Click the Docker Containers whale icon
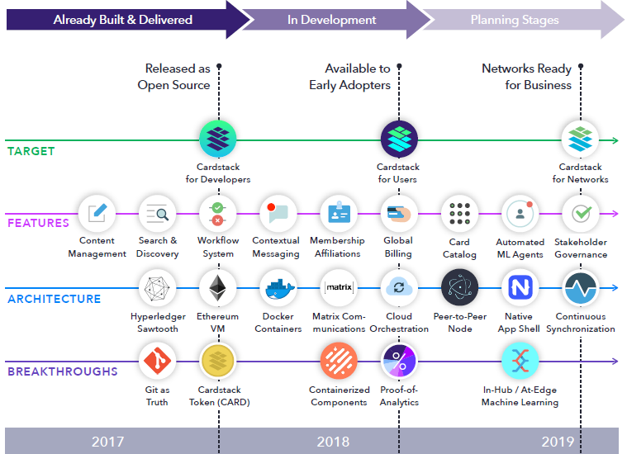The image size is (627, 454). pos(278,288)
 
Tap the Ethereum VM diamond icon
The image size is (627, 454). pos(217,288)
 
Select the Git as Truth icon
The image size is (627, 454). pos(157,362)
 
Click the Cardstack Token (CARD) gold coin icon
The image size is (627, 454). pos(218,362)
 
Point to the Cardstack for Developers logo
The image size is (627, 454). pos(218,139)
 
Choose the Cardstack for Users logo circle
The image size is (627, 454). pos(399,139)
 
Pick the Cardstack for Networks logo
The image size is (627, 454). pos(580,139)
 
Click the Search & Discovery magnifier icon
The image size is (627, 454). pos(157,214)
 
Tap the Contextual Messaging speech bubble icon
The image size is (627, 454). pos(278,214)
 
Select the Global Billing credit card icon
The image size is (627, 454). pos(399,214)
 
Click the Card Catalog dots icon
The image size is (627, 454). pos(459,214)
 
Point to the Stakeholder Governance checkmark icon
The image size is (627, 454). pos(581,214)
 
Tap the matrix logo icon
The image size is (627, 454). pos(339,288)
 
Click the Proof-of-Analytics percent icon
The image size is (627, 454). pos(399,362)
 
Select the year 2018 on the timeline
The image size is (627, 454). pos(333,442)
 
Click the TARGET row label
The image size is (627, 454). pos(31,151)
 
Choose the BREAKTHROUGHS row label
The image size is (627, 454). pos(63,371)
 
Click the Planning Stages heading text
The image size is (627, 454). pos(515,20)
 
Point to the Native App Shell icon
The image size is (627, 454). pos(520,288)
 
